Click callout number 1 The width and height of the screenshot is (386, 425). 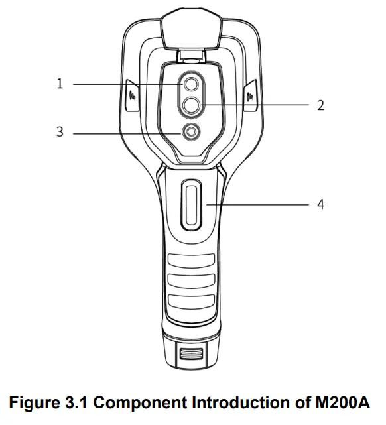click(x=60, y=84)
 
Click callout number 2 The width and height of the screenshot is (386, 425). click(x=320, y=105)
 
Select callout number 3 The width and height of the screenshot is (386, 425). click(x=60, y=132)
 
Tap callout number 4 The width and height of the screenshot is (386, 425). click(x=320, y=204)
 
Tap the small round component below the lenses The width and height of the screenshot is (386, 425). click(x=192, y=133)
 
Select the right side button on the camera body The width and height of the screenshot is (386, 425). click(x=251, y=95)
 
